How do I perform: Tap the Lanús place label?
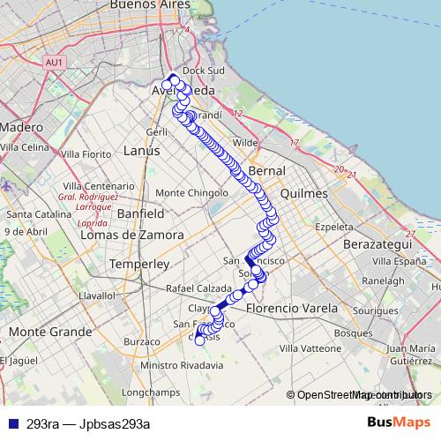pyautogui.click(x=141, y=151)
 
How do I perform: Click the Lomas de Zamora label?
pyautogui.click(x=131, y=235)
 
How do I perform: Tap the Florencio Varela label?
pyautogui.click(x=292, y=309)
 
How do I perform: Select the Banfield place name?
pyautogui.click(x=140, y=213)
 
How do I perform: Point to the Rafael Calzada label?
pyautogui.click(x=198, y=289)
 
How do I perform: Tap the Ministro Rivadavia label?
pyautogui.click(x=181, y=365)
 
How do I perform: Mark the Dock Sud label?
pyautogui.click(x=199, y=71)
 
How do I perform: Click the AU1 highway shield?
pyautogui.click(x=55, y=62)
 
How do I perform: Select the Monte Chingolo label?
pyautogui.click(x=191, y=192)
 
